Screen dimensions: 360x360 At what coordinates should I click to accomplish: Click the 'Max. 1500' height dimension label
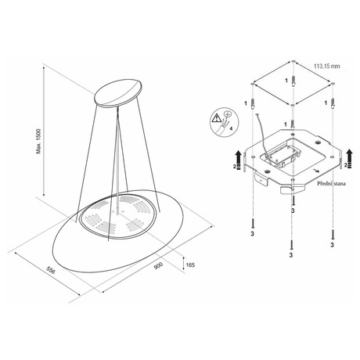pos(39,141)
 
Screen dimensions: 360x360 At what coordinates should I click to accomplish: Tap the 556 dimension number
pos(51,270)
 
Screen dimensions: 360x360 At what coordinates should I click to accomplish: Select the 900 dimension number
pos(158,265)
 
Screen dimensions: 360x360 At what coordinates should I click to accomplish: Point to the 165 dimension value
pos(190,265)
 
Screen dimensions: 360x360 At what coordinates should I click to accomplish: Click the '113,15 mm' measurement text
pos(327,67)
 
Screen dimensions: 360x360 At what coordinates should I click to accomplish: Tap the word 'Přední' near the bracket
pos(325,184)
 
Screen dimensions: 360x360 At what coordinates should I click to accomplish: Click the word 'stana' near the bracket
pos(340,184)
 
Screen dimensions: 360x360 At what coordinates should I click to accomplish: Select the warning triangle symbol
pos(216,119)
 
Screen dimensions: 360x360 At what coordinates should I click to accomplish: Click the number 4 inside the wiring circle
pos(231,128)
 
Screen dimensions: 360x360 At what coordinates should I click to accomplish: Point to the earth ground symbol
pos(226,113)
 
